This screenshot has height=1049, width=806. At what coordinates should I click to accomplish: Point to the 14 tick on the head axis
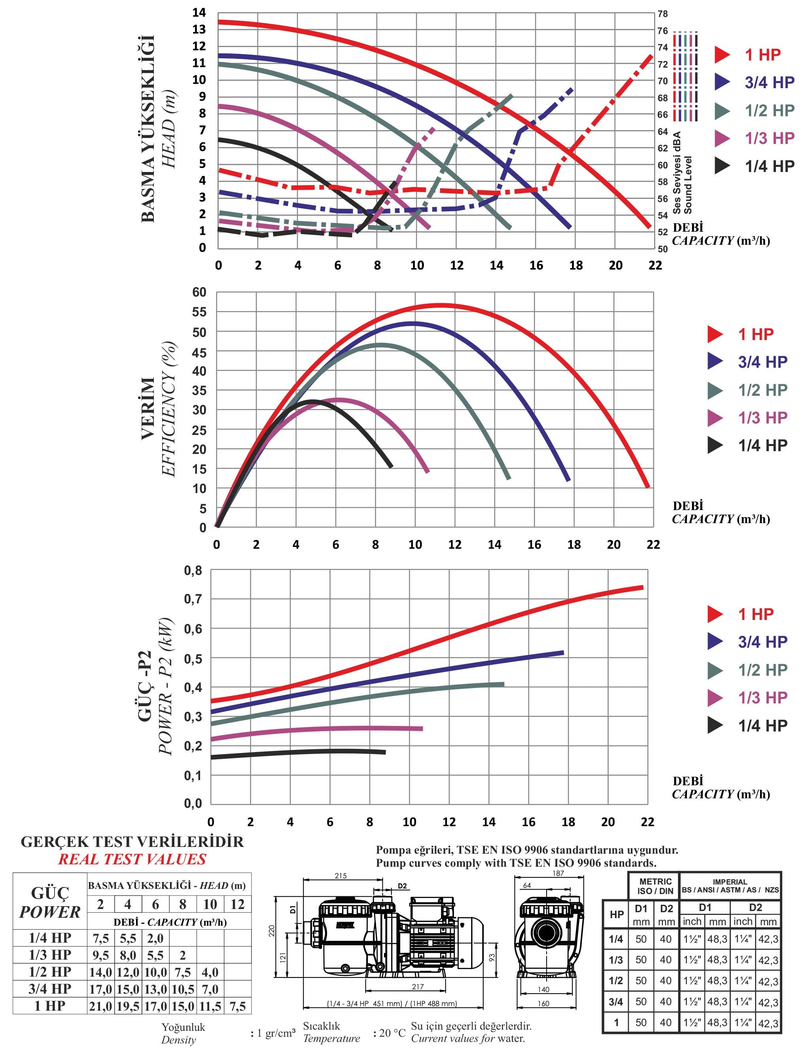[199, 13]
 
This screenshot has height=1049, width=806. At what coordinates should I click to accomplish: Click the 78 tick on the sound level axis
[662, 14]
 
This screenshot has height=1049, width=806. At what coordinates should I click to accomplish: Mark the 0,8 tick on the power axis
[193, 571]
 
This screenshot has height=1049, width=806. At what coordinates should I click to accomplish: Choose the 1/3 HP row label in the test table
[50, 954]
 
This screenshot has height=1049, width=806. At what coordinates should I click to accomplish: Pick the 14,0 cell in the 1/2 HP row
[101, 972]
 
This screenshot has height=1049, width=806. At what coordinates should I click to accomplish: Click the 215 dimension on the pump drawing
[341, 876]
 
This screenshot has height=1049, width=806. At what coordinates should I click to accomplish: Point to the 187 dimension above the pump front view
[558, 873]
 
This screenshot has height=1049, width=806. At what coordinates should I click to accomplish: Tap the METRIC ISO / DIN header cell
[655, 886]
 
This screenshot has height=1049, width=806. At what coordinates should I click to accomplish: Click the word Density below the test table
[178, 1040]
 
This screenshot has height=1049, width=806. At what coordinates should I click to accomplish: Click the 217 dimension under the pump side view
[418, 987]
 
